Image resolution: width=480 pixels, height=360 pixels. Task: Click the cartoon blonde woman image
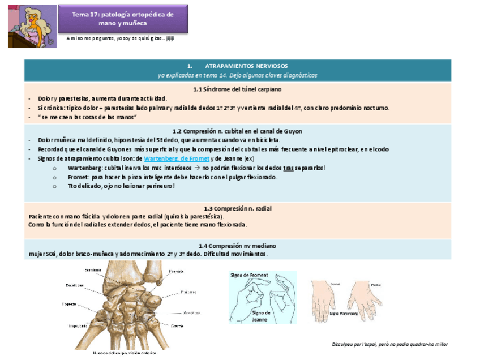click(32, 27)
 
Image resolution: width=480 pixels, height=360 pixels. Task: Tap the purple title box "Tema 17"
click(123, 19)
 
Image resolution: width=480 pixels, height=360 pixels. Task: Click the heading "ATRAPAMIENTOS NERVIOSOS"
click(237, 66)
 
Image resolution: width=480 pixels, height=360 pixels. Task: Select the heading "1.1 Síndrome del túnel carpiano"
click(237, 89)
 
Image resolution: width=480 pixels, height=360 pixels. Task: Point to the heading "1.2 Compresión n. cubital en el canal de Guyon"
click(237, 131)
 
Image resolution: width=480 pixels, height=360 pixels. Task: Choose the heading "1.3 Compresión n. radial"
click(237, 208)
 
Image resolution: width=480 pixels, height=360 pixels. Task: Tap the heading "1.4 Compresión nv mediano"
click(237, 246)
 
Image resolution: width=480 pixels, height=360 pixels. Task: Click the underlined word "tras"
click(289, 168)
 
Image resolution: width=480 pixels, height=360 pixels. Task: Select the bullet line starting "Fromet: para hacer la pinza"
click(172, 177)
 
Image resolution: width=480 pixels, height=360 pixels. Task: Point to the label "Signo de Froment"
click(249, 275)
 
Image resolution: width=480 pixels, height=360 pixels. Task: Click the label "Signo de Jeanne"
click(261, 316)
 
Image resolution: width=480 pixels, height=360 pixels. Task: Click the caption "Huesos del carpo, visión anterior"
click(122, 353)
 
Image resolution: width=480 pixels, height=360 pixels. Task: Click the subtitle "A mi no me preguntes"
click(120, 38)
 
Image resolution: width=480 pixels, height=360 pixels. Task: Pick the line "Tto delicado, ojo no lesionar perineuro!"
click(121, 186)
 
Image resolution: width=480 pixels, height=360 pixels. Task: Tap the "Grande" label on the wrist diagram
click(177, 326)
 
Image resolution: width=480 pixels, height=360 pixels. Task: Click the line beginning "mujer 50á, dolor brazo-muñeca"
click(148, 254)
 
